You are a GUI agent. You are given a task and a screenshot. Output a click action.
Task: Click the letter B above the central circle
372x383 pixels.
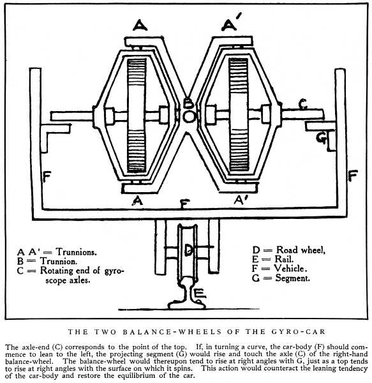coord(188,103)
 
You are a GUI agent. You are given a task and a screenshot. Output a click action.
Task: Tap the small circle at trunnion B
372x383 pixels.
coord(189,117)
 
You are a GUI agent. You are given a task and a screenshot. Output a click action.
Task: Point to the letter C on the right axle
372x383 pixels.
coord(303,104)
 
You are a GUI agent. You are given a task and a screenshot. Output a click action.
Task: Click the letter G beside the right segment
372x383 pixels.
coord(321,138)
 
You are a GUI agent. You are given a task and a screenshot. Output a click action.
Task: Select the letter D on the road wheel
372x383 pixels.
coord(189,250)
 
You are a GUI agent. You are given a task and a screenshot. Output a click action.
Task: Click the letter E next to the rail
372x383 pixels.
coord(200,294)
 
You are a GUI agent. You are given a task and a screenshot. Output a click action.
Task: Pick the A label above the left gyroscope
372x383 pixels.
coord(140,25)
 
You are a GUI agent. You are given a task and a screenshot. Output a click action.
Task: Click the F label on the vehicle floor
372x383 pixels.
coord(185,204)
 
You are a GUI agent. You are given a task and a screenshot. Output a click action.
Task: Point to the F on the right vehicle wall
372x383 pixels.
coord(353,176)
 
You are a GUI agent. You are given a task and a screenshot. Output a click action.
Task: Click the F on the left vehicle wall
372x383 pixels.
coord(47,177)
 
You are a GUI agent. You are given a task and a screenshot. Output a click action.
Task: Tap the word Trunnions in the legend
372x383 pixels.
coord(76,252)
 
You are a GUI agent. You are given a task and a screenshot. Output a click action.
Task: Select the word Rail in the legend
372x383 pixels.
coord(284,259)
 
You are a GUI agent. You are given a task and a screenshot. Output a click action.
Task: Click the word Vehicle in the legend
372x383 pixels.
coord(290,268)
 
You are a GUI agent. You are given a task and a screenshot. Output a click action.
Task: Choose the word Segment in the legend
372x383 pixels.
coord(292,278)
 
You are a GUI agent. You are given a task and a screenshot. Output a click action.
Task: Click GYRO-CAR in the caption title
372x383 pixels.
coord(299,332)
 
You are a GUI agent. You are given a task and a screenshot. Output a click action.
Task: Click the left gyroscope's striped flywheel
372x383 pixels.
coord(137,115)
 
